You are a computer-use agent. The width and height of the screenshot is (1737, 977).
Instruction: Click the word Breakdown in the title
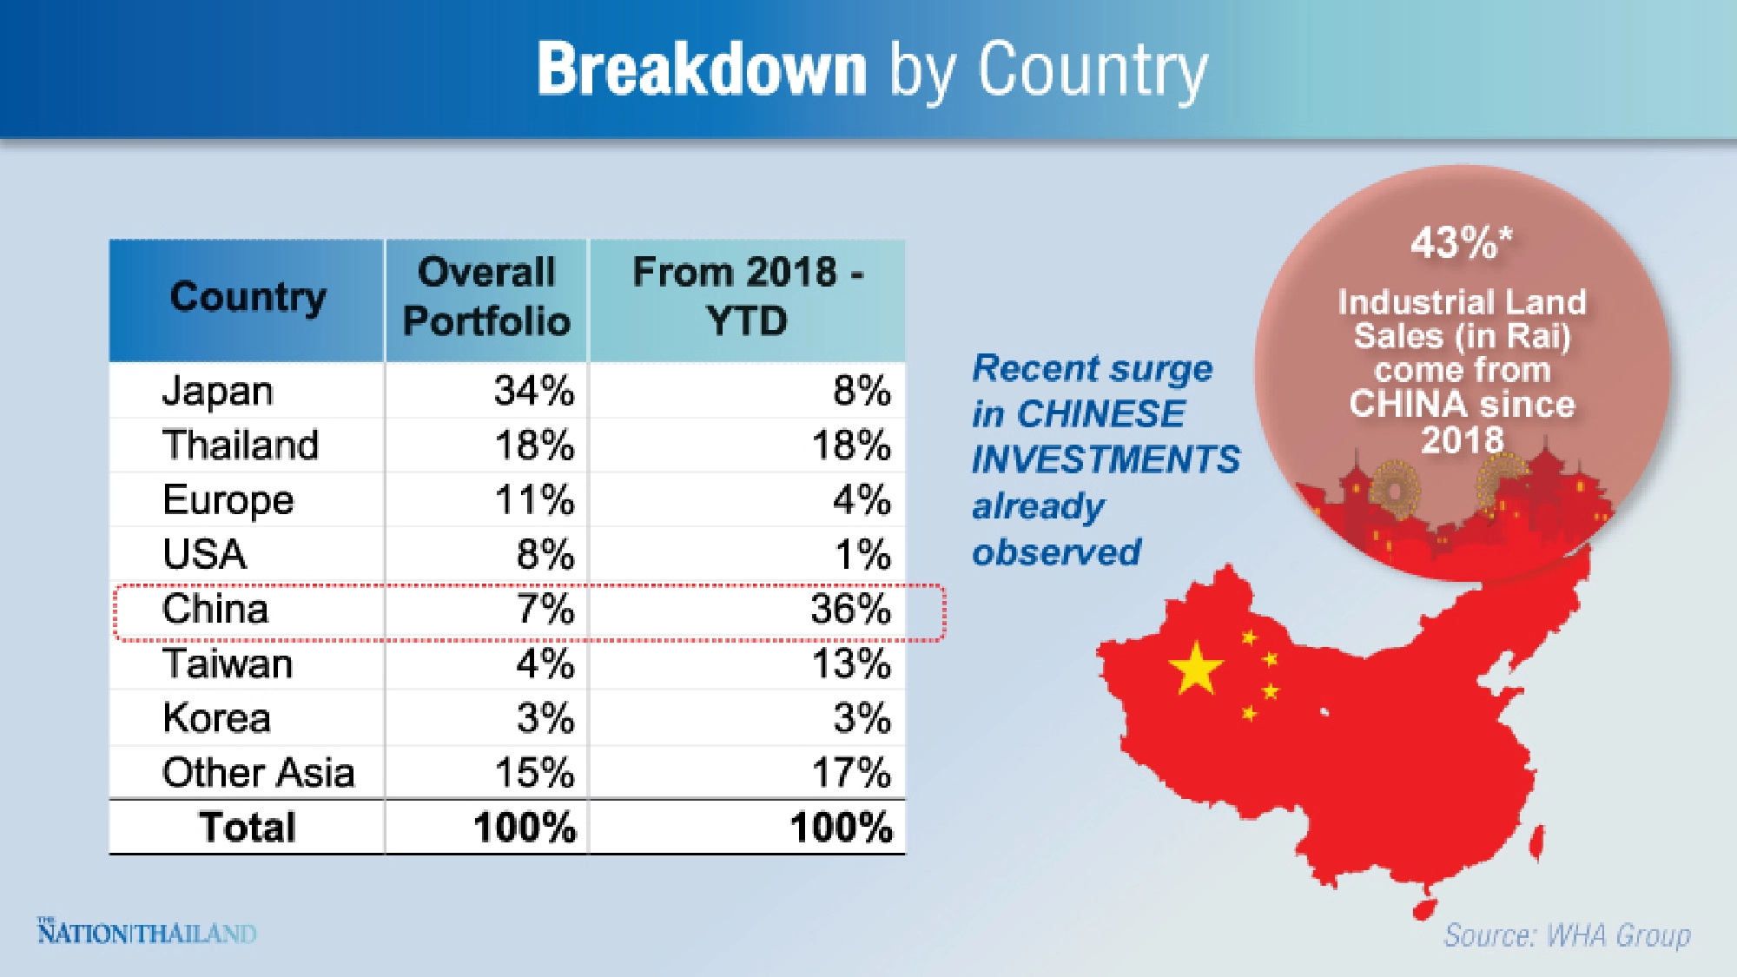[702, 69]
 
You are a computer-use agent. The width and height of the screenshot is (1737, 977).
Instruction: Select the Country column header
[248, 297]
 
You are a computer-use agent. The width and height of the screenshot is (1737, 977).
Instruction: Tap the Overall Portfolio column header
[486, 297]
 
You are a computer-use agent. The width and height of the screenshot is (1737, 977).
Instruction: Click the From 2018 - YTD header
[747, 297]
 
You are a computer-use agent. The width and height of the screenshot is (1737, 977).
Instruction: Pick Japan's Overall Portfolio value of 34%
[534, 391]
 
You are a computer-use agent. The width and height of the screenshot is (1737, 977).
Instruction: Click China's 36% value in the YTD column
[850, 609]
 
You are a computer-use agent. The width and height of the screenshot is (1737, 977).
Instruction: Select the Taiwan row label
[228, 664]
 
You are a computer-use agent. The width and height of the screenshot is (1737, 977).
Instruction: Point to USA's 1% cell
[862, 554]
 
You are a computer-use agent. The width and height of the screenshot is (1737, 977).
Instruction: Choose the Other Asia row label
[258, 773]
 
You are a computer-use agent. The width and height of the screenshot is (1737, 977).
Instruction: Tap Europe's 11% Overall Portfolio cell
[534, 500]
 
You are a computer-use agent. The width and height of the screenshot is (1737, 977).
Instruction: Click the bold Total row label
[248, 827]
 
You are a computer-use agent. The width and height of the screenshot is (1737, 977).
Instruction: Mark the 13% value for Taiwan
[850, 664]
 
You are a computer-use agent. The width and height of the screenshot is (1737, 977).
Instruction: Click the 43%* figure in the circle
[1461, 242]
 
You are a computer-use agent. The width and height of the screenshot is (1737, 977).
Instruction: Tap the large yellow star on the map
[1196, 669]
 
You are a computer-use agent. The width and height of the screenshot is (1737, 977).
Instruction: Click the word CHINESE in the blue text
[1100, 414]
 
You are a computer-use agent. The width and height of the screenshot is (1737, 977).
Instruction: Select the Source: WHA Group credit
[1567, 935]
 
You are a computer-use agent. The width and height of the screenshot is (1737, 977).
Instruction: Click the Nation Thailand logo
[147, 932]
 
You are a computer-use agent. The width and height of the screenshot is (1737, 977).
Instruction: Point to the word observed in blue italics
[1056, 552]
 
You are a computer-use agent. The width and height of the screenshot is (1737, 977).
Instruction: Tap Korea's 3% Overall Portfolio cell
[545, 718]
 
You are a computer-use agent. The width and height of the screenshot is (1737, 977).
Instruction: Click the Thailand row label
[241, 446]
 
